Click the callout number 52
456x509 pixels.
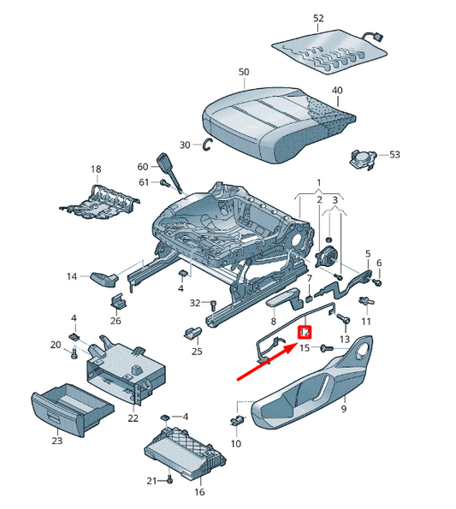coord(318,18)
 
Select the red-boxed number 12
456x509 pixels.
coord(305,333)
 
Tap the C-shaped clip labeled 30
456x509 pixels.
coord(206,145)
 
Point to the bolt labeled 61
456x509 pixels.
coord(164,183)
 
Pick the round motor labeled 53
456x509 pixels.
coord(363,159)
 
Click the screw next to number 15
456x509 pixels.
coord(326,348)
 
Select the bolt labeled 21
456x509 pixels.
coord(169,479)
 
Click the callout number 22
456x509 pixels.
coord(133,418)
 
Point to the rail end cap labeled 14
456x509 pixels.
coord(104,279)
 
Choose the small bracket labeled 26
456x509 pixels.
coord(118,302)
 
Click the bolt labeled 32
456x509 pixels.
coord(213,305)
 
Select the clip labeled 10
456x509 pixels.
coord(237,420)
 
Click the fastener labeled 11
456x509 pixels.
coord(366,301)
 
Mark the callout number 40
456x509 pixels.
coord(337,90)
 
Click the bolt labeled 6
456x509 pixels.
coord(377,282)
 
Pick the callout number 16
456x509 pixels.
coord(199,492)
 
